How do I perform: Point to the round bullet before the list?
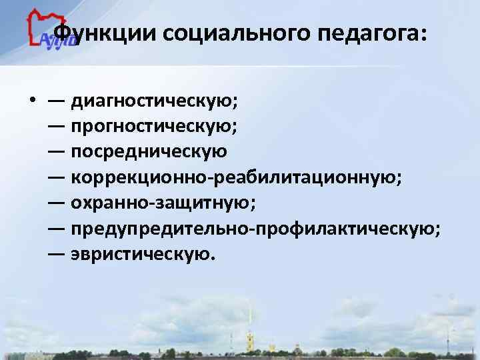click(32, 102)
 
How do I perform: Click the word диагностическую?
click(155, 102)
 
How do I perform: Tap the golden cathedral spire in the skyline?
click(251, 320)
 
